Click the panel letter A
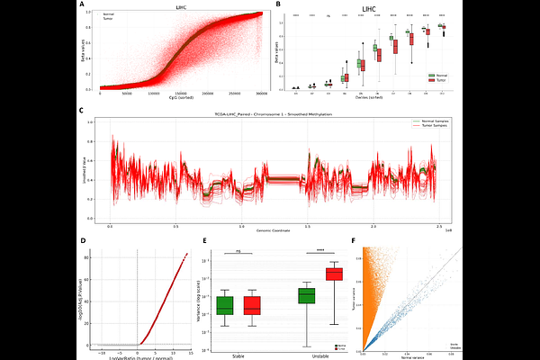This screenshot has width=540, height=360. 83,5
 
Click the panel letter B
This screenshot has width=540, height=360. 277,5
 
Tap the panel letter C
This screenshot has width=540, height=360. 83,112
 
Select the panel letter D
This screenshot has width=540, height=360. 83,239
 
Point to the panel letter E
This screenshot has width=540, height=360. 207,239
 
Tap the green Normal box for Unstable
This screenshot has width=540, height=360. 307,295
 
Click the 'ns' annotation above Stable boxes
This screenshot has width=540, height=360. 239,251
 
